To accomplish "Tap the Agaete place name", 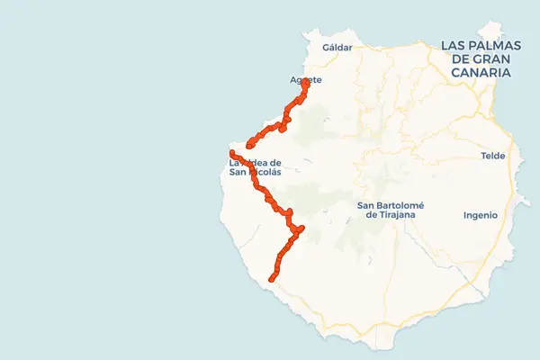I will click(x=306, y=80).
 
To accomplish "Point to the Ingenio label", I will click(x=480, y=215).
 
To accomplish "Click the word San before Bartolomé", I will click(x=366, y=204).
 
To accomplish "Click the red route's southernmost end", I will click(x=271, y=280).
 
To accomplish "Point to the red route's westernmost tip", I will click(x=233, y=154).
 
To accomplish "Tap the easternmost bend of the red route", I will click(x=301, y=229).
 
